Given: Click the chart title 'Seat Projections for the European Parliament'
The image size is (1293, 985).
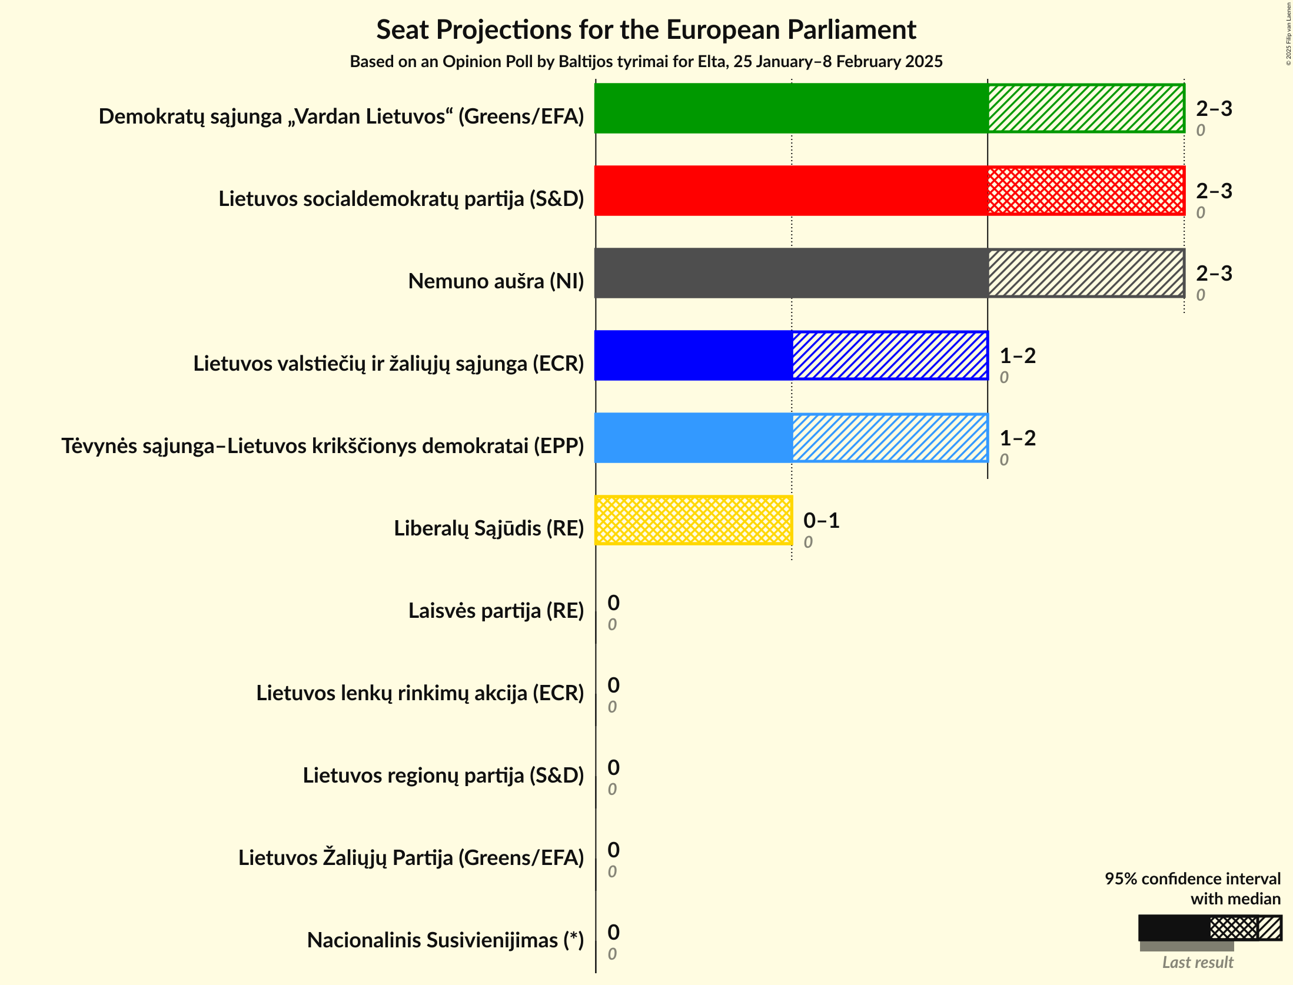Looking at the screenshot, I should pyautogui.click(x=646, y=29).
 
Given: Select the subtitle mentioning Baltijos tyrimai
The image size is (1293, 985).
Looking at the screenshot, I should pyautogui.click(x=646, y=62).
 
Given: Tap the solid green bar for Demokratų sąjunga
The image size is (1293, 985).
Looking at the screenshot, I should pyautogui.click(x=791, y=108).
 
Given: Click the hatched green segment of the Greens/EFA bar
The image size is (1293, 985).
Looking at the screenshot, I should pyautogui.click(x=1086, y=108).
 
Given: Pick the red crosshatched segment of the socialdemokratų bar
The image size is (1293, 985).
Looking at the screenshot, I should pyautogui.click(x=1086, y=191).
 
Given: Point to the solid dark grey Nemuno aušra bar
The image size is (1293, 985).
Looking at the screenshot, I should pyautogui.click(x=791, y=273).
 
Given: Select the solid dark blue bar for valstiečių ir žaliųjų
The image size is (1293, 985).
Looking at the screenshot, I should pyautogui.click(x=693, y=355).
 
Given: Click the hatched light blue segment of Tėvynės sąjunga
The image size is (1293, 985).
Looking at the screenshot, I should pyautogui.click(x=890, y=438).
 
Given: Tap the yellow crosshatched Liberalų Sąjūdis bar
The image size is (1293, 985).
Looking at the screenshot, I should pyautogui.click(x=693, y=520).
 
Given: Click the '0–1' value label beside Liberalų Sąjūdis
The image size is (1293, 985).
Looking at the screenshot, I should pyautogui.click(x=821, y=520).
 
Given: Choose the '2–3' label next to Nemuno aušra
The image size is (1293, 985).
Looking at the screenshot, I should pyautogui.click(x=1214, y=273).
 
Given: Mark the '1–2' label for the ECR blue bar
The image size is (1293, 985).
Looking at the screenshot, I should pyautogui.click(x=1018, y=355).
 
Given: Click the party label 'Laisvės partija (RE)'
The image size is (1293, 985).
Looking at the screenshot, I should pyautogui.click(x=496, y=611).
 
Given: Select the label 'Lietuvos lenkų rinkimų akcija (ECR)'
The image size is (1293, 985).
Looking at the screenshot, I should pyautogui.click(x=420, y=693).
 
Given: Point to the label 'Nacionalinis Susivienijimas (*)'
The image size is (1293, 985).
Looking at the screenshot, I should pyautogui.click(x=445, y=940).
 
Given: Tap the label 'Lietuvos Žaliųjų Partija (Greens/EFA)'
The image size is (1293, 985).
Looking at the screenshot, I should pyautogui.click(x=411, y=858).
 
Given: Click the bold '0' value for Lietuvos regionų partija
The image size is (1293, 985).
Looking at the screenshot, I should pyautogui.click(x=613, y=767).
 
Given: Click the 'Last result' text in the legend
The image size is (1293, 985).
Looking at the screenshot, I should pyautogui.click(x=1197, y=963).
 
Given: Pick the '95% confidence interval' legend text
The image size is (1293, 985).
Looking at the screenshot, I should pyautogui.click(x=1192, y=878).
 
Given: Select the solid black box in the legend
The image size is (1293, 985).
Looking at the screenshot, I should pyautogui.click(x=1174, y=928).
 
